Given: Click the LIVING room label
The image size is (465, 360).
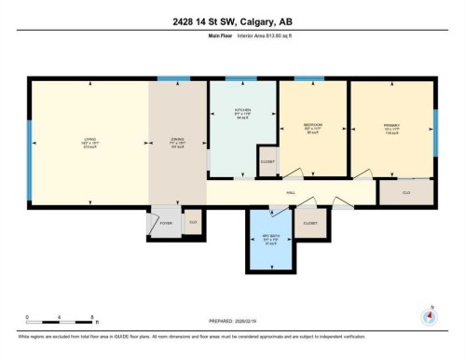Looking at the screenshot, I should point(89,141).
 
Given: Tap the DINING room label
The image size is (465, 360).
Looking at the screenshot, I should point(176,141).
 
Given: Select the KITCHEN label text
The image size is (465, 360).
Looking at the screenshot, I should point(241,113).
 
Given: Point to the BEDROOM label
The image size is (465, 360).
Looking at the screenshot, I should point(313,124).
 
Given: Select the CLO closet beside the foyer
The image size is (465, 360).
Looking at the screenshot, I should point(193,222).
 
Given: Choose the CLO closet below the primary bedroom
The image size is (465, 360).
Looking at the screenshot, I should point(406,192).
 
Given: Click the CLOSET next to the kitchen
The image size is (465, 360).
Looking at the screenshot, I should point(267,159).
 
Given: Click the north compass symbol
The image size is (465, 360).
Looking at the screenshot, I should point(430,314).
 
